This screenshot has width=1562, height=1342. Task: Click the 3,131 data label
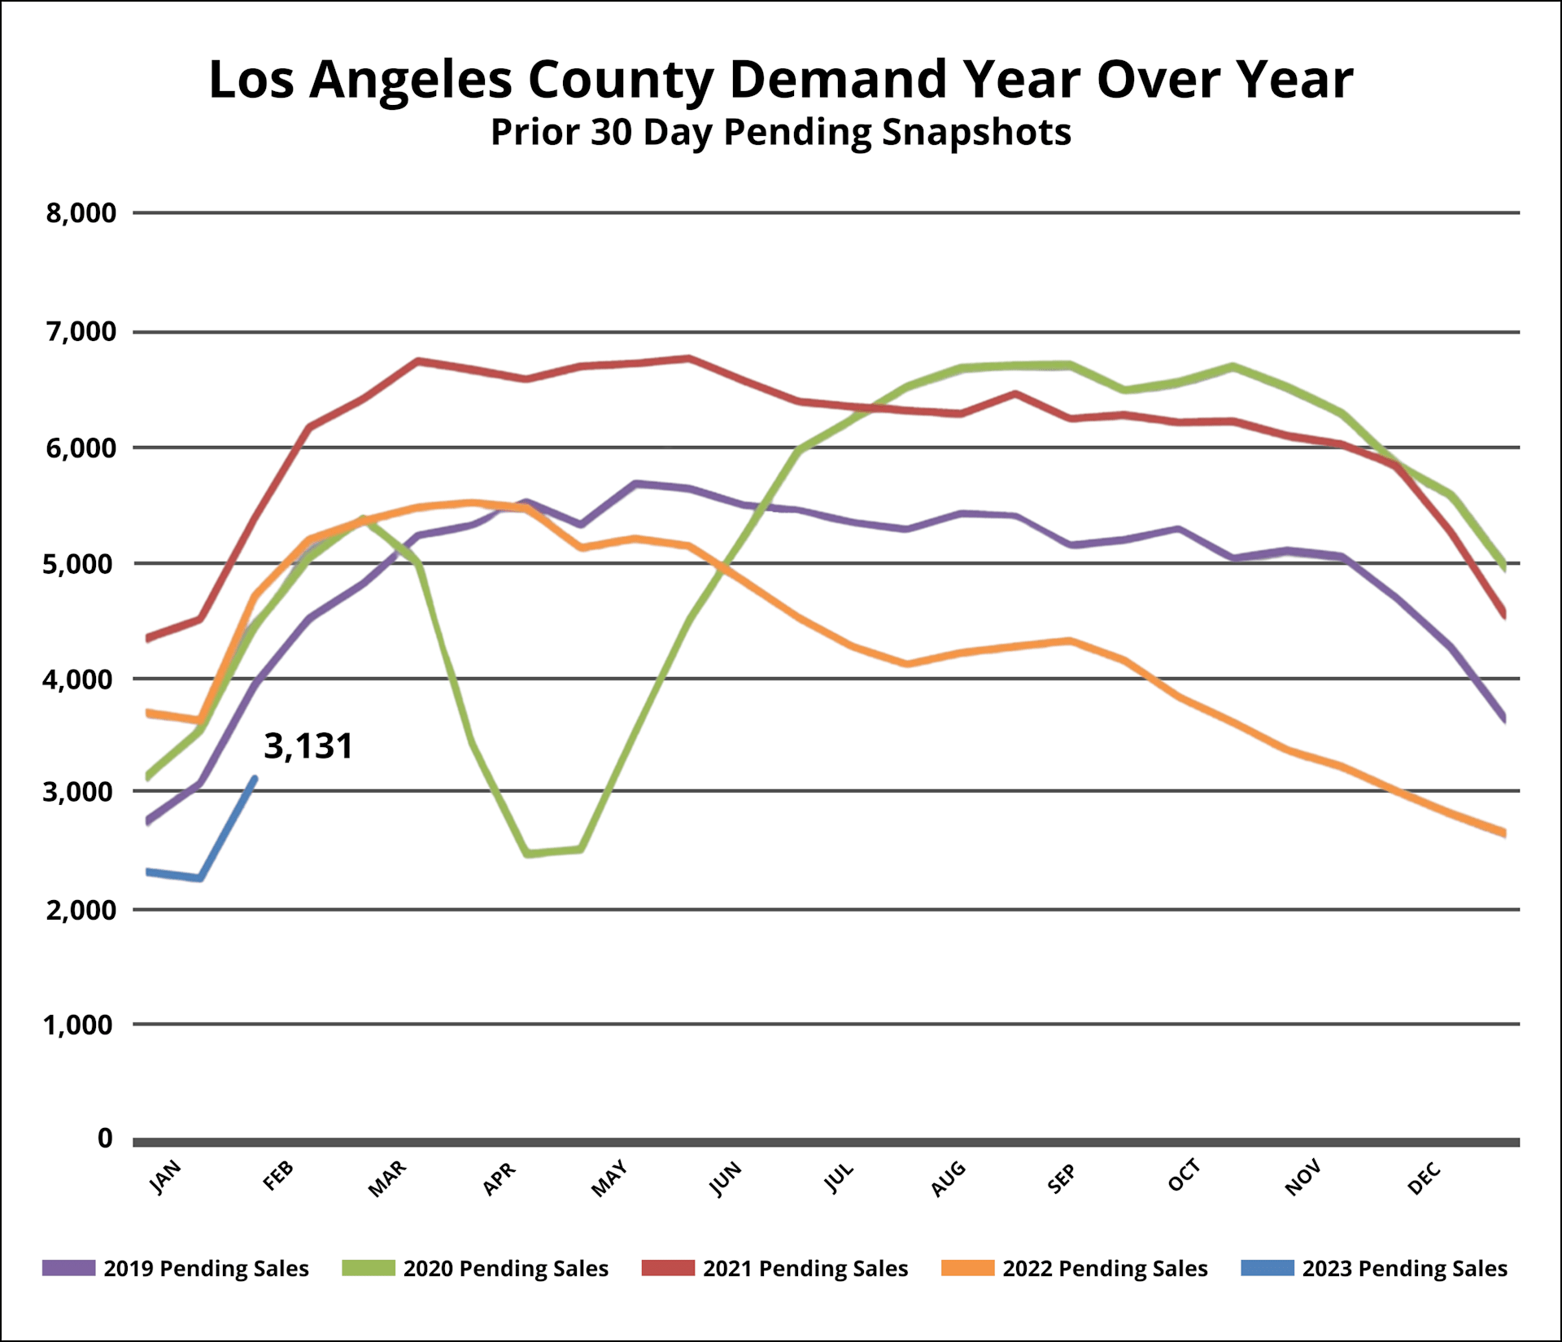point(308,746)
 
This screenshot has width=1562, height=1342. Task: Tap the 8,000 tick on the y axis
point(81,213)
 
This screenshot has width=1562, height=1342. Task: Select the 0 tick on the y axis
point(105,1138)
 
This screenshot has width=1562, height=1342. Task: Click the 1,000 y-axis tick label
point(79,1025)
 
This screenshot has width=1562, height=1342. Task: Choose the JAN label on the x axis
point(165,1178)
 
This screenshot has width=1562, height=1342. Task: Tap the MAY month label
point(609,1178)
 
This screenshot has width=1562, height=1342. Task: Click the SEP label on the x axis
point(1061,1178)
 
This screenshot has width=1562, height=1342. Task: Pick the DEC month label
point(1424,1178)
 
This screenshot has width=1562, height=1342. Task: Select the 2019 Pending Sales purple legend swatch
point(68,1268)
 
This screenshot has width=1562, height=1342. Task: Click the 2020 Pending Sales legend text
point(505,1269)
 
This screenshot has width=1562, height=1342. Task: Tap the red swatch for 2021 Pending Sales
point(668,1268)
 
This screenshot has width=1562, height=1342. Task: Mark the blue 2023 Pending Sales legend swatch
point(1267,1268)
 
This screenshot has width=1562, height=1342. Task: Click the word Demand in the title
point(838,80)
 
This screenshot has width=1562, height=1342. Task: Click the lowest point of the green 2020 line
point(528,854)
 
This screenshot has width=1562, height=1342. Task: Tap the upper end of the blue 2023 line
point(255,778)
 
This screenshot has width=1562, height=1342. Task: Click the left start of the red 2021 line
point(147,639)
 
